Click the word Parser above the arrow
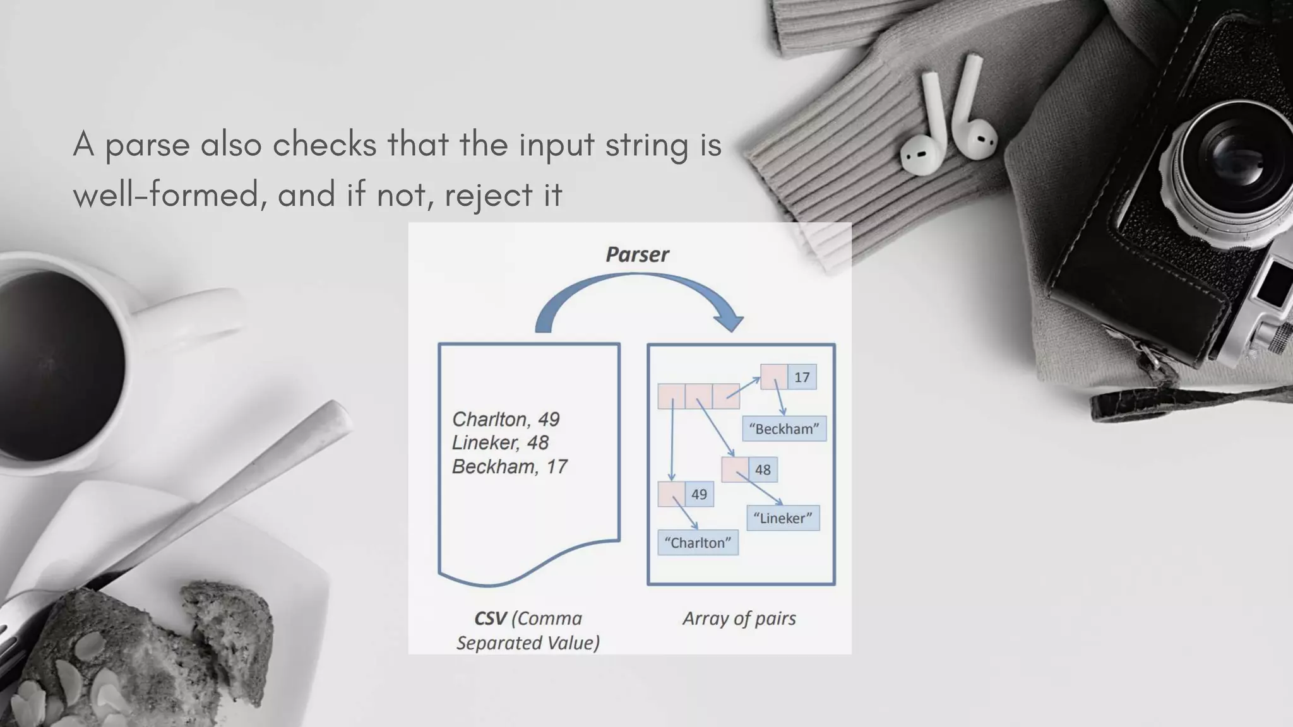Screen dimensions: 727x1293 pos(636,254)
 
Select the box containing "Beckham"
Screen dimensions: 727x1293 pos(784,429)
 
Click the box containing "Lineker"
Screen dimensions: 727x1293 pos(783,518)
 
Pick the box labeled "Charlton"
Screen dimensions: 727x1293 pos(698,543)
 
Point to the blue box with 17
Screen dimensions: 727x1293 pos(802,377)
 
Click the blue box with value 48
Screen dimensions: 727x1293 pos(763,470)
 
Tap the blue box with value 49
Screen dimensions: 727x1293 pos(699,494)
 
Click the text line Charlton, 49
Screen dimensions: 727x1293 pos(506,419)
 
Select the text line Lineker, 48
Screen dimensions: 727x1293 pos(500,442)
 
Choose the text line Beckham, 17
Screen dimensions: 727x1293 pos(509,466)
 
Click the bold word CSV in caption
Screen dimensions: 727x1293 pos(490,618)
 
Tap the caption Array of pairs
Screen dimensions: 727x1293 pos(739,618)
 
